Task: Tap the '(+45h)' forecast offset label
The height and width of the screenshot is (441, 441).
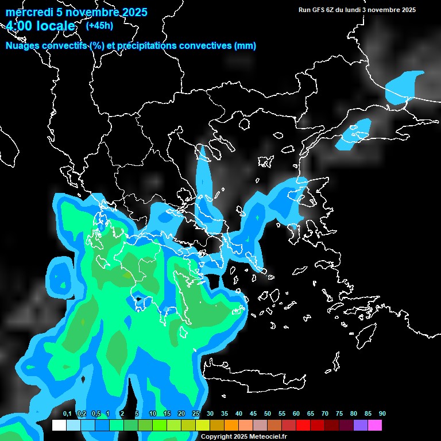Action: (99, 25)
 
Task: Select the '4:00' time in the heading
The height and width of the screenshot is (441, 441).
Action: (21, 26)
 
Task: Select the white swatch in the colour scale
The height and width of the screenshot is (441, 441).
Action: (59, 425)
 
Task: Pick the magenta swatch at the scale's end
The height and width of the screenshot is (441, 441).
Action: (375, 425)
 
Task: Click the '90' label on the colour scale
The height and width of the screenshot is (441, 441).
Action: (382, 413)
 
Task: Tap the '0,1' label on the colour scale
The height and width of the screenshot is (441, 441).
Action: (67, 413)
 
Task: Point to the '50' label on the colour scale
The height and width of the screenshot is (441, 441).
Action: (268, 413)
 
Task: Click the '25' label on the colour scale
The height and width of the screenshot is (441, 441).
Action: (196, 413)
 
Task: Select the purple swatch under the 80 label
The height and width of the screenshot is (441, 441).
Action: (361, 425)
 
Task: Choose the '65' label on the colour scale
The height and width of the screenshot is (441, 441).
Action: (311, 413)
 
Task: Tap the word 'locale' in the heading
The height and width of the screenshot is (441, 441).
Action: (56, 26)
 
